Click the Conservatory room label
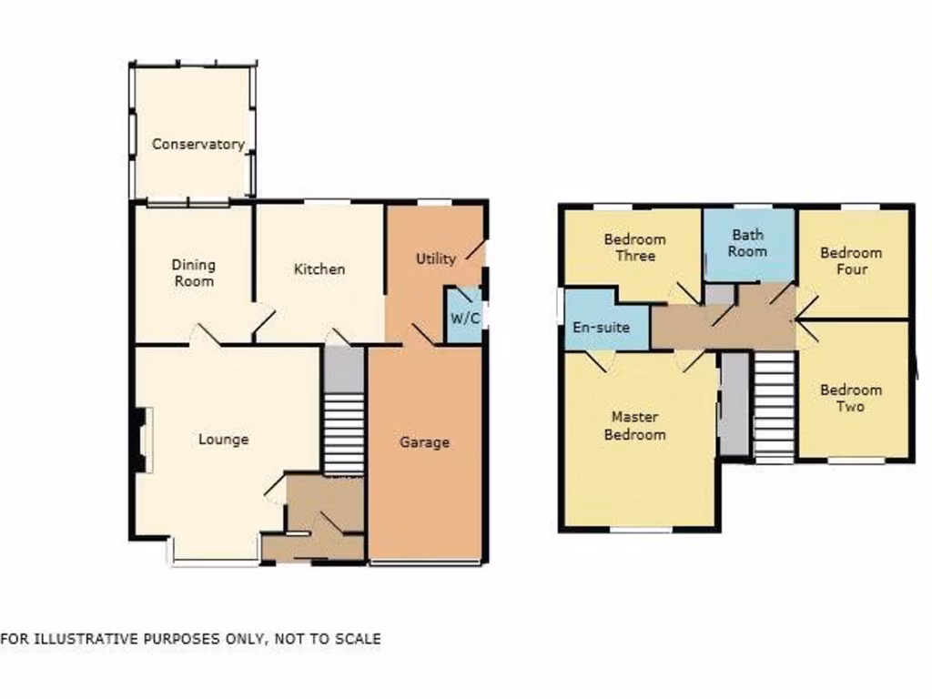pos(198,144)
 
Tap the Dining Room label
pos(194,273)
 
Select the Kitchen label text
pos(319,269)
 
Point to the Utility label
pos(435,258)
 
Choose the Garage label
pos(424,442)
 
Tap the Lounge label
pos(223,440)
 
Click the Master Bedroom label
pos(637,425)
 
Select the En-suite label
pos(600,327)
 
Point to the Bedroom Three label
pos(634,248)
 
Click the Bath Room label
pos(747,243)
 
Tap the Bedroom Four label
pos(851,260)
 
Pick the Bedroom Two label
pos(850,399)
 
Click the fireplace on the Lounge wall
pos(142,441)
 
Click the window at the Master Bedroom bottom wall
pos(641,529)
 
